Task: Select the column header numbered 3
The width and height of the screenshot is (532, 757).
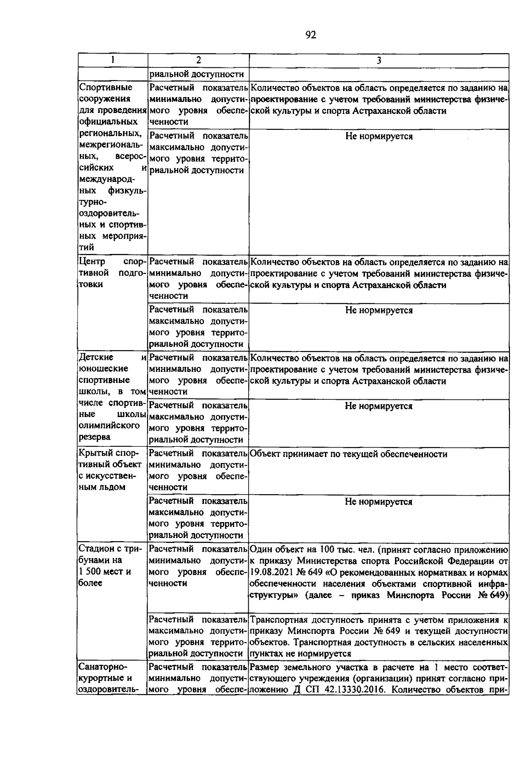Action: (x=379, y=61)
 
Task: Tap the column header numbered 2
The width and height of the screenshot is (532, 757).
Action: (x=198, y=60)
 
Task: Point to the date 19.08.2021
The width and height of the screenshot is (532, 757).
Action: (x=270, y=572)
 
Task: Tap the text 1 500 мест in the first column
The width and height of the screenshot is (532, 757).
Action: (x=101, y=572)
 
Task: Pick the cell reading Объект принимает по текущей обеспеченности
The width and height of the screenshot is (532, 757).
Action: (x=348, y=454)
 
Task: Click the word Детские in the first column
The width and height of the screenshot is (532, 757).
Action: (x=96, y=357)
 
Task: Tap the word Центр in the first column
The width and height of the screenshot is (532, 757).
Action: (x=91, y=261)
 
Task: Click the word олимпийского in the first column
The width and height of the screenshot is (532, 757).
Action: (x=106, y=425)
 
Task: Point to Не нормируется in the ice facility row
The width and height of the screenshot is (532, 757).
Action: (x=379, y=502)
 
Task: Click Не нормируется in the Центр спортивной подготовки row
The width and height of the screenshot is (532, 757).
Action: (x=379, y=310)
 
